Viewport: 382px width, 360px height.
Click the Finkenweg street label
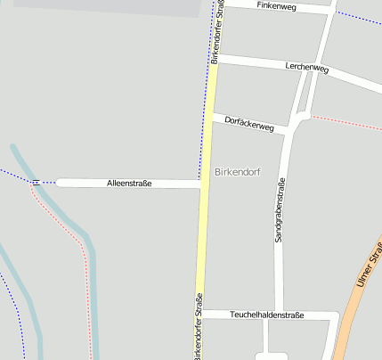tap(276, 6)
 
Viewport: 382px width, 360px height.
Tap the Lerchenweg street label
tap(307, 69)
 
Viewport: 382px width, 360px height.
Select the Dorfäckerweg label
tap(249, 123)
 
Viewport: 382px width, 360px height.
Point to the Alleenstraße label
tap(129, 184)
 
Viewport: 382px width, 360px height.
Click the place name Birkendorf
tap(237, 171)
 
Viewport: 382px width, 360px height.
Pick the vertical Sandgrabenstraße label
tap(279, 209)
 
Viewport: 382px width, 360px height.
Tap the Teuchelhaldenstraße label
tap(267, 315)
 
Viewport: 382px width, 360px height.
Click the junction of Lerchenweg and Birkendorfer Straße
tap(215, 58)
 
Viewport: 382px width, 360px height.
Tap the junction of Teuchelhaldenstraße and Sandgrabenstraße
tap(279, 315)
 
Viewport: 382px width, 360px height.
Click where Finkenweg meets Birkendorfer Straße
tap(219, 3)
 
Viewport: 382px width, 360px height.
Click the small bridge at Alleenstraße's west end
tap(36, 183)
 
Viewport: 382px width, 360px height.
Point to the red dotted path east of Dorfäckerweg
tap(347, 121)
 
